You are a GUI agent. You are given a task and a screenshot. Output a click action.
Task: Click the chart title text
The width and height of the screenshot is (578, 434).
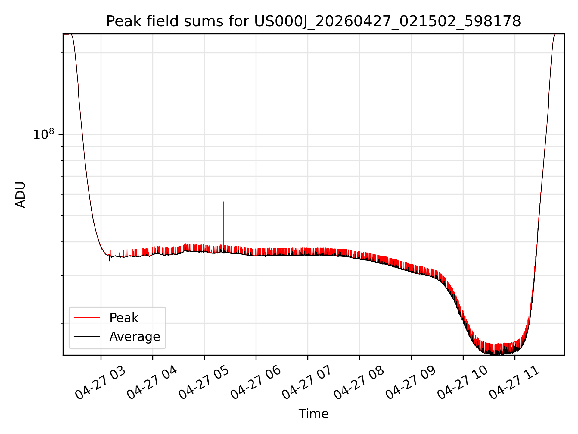(x=313, y=21)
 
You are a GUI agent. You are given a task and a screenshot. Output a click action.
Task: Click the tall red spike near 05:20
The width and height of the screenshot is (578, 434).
(x=224, y=223)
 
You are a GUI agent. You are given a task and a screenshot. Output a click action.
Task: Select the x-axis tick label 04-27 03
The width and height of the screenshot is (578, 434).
(x=101, y=383)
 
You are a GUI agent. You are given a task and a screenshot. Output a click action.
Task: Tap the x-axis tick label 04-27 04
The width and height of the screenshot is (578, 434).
(x=152, y=383)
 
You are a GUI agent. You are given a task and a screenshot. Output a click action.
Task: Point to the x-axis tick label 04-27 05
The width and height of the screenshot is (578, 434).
(x=204, y=383)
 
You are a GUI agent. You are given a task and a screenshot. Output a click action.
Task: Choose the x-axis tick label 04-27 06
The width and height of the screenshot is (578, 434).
(x=256, y=383)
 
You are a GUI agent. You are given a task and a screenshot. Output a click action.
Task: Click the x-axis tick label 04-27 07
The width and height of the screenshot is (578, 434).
(x=308, y=383)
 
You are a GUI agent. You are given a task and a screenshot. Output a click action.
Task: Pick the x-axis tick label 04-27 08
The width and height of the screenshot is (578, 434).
(x=359, y=383)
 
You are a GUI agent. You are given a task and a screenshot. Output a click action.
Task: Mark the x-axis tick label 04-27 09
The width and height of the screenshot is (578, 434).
(x=411, y=383)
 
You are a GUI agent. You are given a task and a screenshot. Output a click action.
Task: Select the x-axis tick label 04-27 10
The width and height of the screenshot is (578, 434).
(x=463, y=383)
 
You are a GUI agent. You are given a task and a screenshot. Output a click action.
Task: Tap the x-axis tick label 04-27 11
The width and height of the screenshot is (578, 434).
(x=515, y=383)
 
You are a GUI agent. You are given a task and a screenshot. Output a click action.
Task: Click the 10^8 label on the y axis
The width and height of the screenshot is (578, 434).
(x=44, y=134)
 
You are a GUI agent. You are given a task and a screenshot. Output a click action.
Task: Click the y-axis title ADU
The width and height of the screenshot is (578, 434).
(x=20, y=195)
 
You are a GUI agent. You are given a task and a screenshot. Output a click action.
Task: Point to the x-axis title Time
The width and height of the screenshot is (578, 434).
(x=313, y=414)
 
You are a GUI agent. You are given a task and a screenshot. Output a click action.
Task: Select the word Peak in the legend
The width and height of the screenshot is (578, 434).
(x=124, y=318)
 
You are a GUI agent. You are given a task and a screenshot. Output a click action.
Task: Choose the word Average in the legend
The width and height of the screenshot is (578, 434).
(x=135, y=337)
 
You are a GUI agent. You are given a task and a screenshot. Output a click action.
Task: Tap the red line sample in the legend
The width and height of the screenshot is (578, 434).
(x=87, y=318)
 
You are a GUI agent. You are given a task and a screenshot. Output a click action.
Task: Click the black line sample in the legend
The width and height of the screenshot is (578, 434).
(x=87, y=336)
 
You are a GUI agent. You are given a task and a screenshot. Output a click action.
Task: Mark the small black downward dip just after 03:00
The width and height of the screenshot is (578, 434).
(x=109, y=258)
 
